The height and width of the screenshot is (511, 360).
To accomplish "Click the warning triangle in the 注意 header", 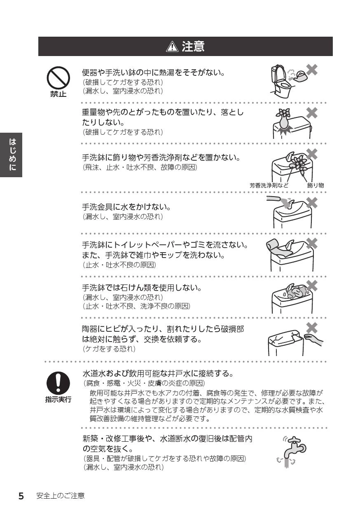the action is click(172, 47).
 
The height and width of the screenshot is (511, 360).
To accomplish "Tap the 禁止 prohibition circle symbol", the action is click(58, 78).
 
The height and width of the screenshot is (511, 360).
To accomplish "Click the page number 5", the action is click(21, 495).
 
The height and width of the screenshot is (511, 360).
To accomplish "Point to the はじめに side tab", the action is click(11, 155).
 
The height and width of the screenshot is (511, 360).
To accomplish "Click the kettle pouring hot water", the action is click(301, 76).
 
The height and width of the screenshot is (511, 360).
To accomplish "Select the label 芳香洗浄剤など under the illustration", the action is click(269, 185).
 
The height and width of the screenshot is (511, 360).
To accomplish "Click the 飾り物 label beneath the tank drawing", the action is click(316, 185).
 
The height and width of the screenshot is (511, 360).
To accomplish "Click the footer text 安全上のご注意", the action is click(61, 495).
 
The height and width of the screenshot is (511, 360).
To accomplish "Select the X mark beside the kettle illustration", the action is click(312, 70).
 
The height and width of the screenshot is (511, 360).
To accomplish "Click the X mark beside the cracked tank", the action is click(312, 328).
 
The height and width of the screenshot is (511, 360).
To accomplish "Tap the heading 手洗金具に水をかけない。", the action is click(126, 207).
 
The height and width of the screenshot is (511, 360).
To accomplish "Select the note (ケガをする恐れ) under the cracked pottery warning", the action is click(109, 349).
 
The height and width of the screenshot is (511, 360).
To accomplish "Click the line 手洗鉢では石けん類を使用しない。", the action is click(142, 288).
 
